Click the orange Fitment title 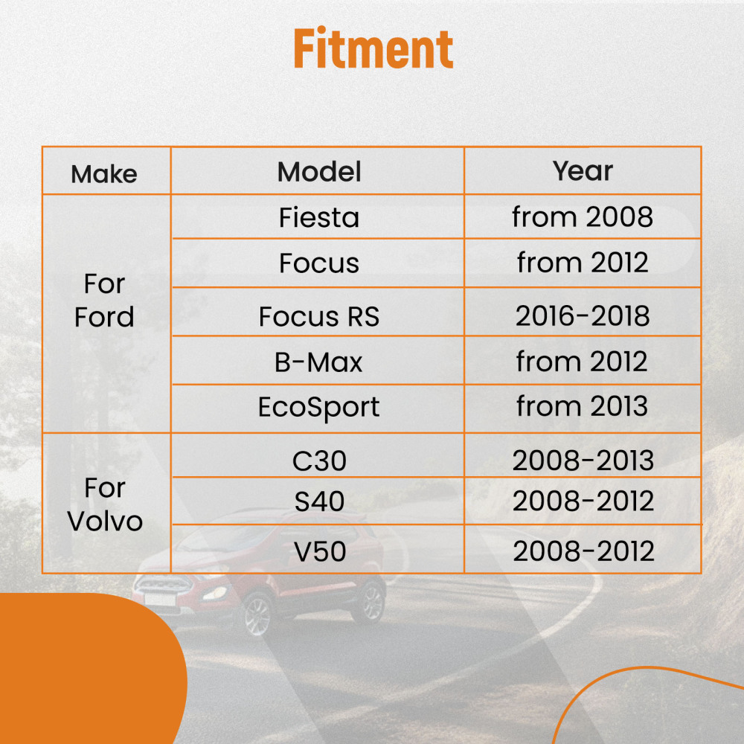coord(373,48)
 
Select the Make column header coord(104,173)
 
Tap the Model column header coord(319,171)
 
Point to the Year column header coord(583,170)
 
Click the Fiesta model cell coord(319,217)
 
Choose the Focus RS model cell coord(319,316)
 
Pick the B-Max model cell coord(318,362)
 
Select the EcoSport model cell coord(318,408)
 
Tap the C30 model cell coord(319,461)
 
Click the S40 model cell coord(319,501)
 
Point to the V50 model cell coord(320,551)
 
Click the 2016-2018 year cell coord(583,315)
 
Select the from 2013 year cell coord(583,406)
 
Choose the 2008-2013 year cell coord(583,461)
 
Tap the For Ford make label coord(104,301)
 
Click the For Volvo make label coord(105,504)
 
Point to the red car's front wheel coord(257,615)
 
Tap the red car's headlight coord(214,593)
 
